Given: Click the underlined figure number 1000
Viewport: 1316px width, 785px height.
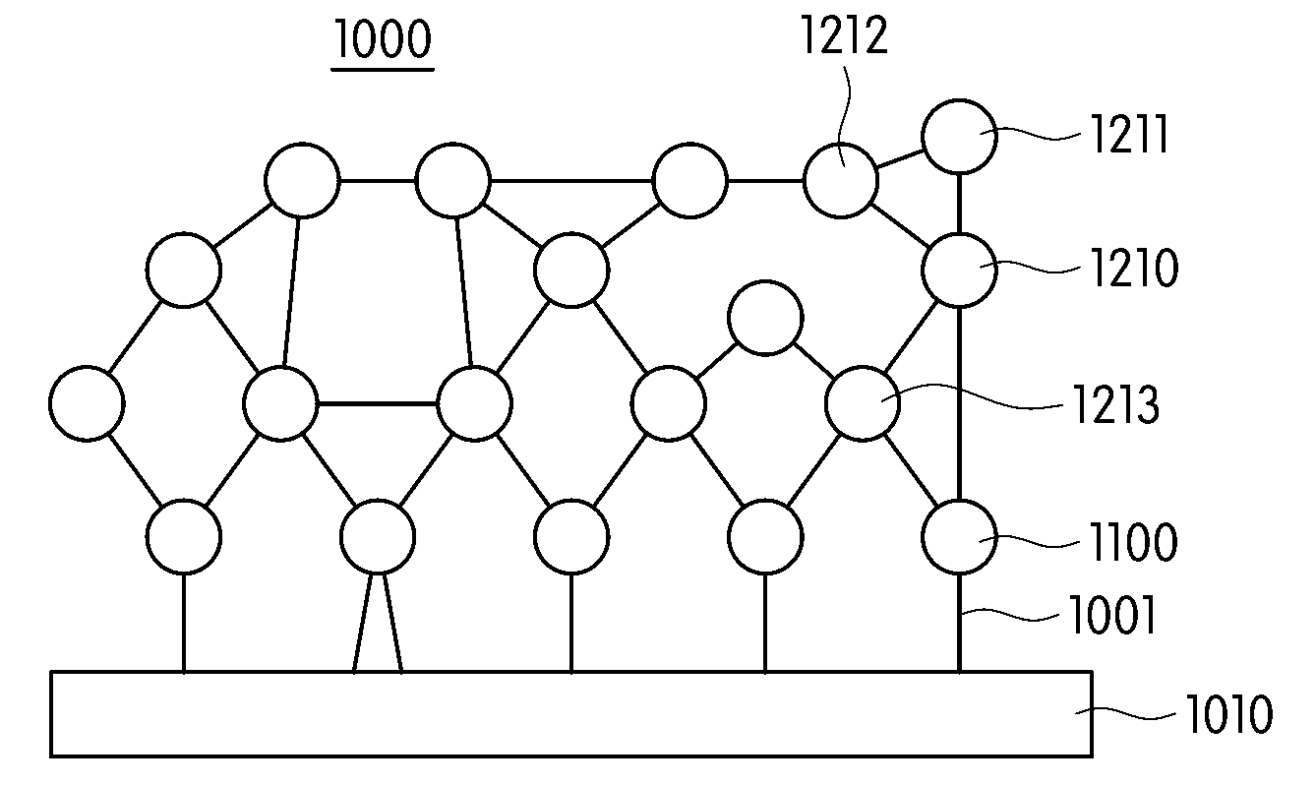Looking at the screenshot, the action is point(383,38).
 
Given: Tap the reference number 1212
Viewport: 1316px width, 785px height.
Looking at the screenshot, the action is point(844,35).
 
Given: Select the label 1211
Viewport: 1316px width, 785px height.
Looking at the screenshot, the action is point(1129,135).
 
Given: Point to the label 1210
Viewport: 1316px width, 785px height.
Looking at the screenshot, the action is point(1134,268).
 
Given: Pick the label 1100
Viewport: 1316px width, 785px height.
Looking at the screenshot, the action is point(1133,541).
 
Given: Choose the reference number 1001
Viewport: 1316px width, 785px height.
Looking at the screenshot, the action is point(1112,614).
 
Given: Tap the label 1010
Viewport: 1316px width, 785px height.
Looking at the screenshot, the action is point(1229,714).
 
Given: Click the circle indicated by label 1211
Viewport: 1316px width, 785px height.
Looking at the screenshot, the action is point(959,137).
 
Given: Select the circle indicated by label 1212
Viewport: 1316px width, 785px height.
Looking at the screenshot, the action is point(841,180).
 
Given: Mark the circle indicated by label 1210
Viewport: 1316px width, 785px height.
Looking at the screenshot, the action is point(959,270).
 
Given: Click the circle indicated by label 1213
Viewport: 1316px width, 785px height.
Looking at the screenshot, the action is point(862,403).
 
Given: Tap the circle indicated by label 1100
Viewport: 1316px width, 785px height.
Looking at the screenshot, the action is point(959,536).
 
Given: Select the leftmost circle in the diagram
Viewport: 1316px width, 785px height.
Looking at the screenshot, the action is point(87,403).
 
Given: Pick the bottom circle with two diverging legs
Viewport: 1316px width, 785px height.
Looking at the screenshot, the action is point(378,536).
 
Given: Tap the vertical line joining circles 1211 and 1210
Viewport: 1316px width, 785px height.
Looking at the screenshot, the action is point(959,204).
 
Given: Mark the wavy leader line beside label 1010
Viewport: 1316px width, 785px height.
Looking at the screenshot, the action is point(1125,714).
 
